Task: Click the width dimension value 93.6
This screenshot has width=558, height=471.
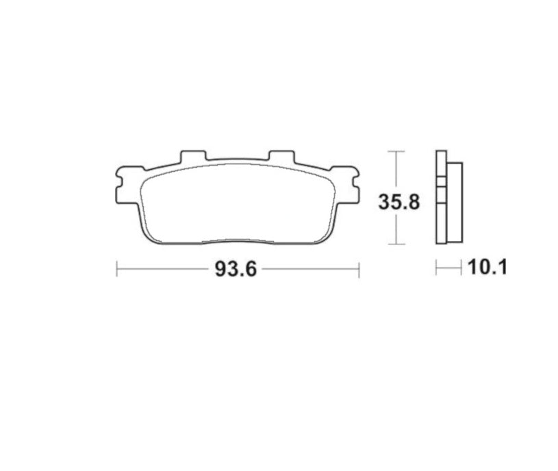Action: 236,269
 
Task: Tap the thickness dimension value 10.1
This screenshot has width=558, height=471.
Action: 487,267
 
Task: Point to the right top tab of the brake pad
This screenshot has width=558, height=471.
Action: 279,155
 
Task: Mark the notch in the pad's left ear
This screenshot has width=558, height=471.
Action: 118,183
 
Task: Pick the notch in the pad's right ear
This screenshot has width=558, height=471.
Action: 357,183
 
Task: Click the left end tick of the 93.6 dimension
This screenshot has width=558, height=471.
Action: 117,269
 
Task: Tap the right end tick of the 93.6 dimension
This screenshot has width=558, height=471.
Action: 359,269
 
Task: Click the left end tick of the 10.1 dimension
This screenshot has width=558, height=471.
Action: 436,267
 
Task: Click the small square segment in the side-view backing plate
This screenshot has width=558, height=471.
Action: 440,183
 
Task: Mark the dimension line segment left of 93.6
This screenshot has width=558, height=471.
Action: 164,269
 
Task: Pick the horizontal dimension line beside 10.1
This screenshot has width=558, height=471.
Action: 450,267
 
